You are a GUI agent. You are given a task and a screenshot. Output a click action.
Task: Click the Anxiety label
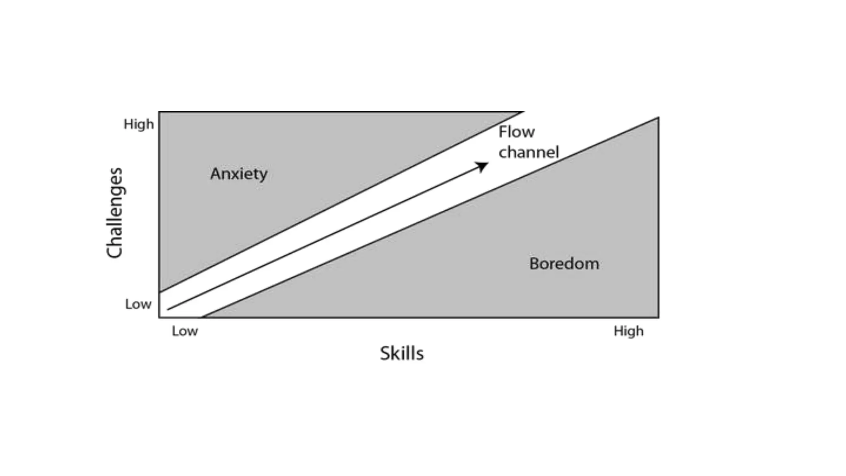tap(239, 174)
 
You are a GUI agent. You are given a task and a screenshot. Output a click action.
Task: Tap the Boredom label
tap(564, 264)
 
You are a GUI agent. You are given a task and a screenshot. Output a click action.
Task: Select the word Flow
tap(516, 132)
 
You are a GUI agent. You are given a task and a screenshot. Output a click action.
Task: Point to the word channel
tap(528, 152)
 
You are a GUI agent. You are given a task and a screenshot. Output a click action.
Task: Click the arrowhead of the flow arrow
tap(483, 166)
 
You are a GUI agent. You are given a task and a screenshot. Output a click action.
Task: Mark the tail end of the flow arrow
tap(168, 309)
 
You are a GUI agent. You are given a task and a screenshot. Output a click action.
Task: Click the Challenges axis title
tap(114, 213)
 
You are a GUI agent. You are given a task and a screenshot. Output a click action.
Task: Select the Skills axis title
tap(402, 354)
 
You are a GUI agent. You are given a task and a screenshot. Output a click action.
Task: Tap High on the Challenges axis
tap(139, 124)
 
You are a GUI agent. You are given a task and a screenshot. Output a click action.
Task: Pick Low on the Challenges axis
tap(138, 305)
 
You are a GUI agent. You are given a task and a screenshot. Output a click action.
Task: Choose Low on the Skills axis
tap(185, 331)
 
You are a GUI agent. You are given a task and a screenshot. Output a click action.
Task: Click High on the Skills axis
tap(628, 331)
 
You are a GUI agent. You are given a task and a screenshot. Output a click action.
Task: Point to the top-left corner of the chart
tap(159, 112)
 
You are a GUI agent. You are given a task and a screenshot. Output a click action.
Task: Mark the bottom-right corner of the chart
tap(658, 317)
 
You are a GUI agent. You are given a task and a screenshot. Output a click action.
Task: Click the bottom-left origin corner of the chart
tap(159, 317)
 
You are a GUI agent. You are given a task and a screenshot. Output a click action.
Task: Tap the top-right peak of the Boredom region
tap(658, 118)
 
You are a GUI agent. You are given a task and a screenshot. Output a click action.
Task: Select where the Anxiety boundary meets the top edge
tap(523, 112)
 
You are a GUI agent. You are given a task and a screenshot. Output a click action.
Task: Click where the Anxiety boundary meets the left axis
tap(159, 292)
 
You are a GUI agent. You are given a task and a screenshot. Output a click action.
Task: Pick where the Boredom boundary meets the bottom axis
tap(202, 317)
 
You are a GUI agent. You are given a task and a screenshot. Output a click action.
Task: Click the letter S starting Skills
tap(385, 354)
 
